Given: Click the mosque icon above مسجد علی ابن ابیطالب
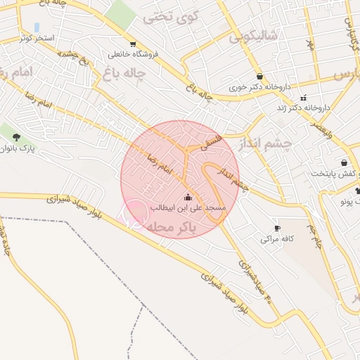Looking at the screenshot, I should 187,196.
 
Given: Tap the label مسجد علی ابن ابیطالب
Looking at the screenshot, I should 188,207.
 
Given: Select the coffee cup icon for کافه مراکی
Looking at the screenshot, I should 276,229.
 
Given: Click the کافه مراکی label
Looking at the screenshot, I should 276,239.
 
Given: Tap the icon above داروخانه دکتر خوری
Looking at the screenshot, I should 260,77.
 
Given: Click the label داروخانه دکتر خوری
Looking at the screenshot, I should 259,89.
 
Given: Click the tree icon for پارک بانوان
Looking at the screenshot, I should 16,137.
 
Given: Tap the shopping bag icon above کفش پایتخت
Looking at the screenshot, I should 344,162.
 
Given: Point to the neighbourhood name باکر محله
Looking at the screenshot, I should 169,226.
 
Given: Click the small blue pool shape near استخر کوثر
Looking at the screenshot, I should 37,27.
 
